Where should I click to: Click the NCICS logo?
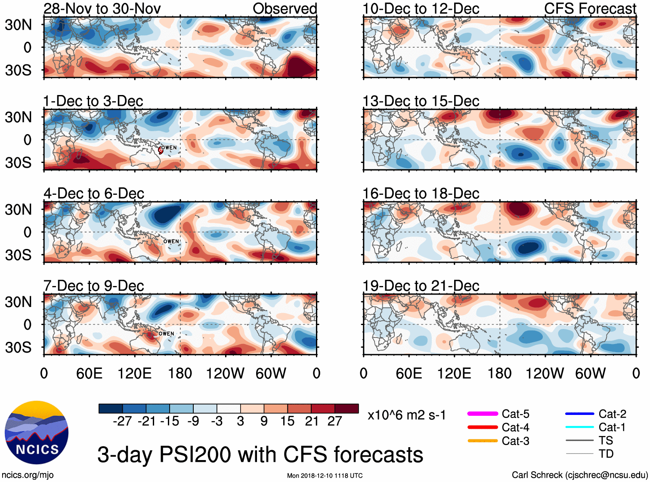click(37, 433)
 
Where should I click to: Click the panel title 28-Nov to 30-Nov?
click(102, 9)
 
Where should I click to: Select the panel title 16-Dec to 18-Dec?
click(421, 193)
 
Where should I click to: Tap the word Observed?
click(285, 9)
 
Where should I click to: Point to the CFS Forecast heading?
click(590, 9)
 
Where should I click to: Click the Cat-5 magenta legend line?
click(483, 414)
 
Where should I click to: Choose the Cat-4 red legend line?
click(483, 427)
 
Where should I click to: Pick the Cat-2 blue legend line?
click(579, 414)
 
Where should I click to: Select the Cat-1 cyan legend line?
click(579, 427)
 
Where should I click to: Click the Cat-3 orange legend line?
click(483, 441)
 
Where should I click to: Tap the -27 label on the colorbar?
click(122, 421)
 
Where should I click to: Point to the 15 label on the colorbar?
click(288, 421)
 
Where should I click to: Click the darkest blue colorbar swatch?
click(111, 408)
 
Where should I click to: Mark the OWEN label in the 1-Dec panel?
click(169, 147)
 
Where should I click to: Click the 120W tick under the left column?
click(225, 373)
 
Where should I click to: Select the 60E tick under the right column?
click(409, 373)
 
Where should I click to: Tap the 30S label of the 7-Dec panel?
click(19, 347)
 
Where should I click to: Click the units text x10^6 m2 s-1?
click(406, 415)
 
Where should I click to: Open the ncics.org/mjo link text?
click(28, 475)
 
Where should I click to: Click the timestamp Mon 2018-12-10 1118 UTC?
click(325, 476)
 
